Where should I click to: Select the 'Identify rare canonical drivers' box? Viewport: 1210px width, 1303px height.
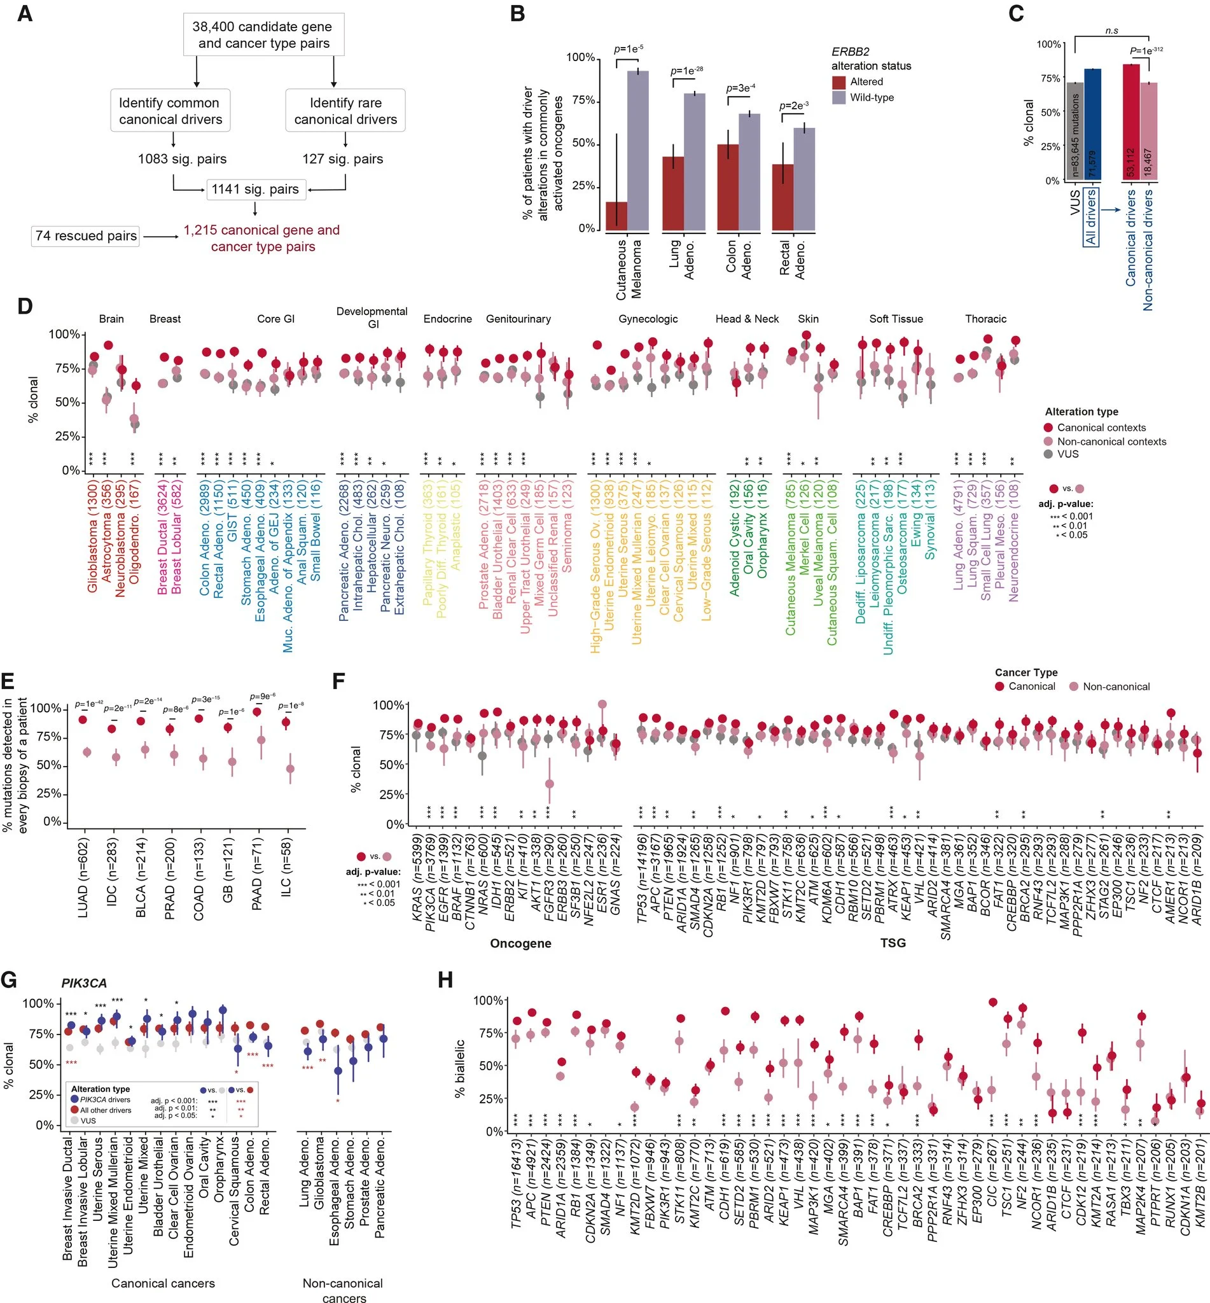345,111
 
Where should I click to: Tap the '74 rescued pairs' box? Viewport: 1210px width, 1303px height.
86,235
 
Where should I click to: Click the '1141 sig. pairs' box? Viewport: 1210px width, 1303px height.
254,189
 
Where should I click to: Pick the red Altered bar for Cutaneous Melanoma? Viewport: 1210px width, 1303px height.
616,216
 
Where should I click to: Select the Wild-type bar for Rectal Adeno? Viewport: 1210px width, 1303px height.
804,179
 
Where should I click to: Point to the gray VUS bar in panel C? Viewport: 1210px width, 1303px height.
1074,131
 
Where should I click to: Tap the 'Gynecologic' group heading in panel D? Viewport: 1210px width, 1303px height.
648,319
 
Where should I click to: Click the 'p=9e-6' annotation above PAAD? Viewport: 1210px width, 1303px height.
263,696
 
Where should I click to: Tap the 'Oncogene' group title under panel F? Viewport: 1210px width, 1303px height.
520,943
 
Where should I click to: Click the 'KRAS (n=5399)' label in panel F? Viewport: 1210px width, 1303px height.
418,877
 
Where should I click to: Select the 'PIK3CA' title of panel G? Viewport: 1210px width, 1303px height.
84,983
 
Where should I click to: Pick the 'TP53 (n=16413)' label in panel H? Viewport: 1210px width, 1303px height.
517,1190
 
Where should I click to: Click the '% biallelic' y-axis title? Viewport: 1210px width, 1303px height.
460,1068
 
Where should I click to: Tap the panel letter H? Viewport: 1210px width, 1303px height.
445,980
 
